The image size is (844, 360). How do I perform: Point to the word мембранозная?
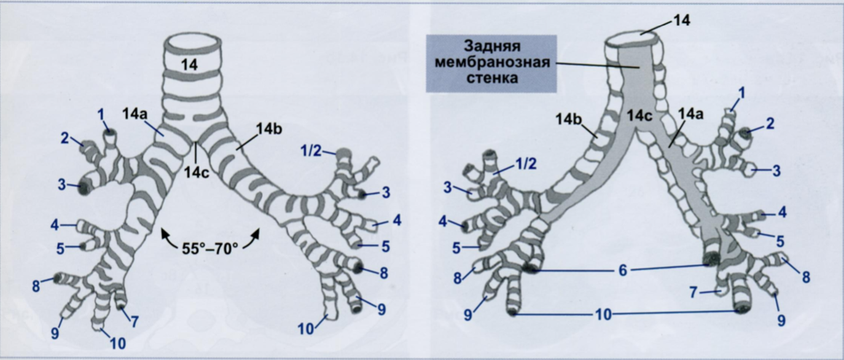491,61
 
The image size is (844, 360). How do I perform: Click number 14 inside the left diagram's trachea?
189,66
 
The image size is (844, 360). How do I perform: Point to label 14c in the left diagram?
195,171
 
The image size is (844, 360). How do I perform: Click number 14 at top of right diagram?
682,21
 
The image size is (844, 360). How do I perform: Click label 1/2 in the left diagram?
310,151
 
